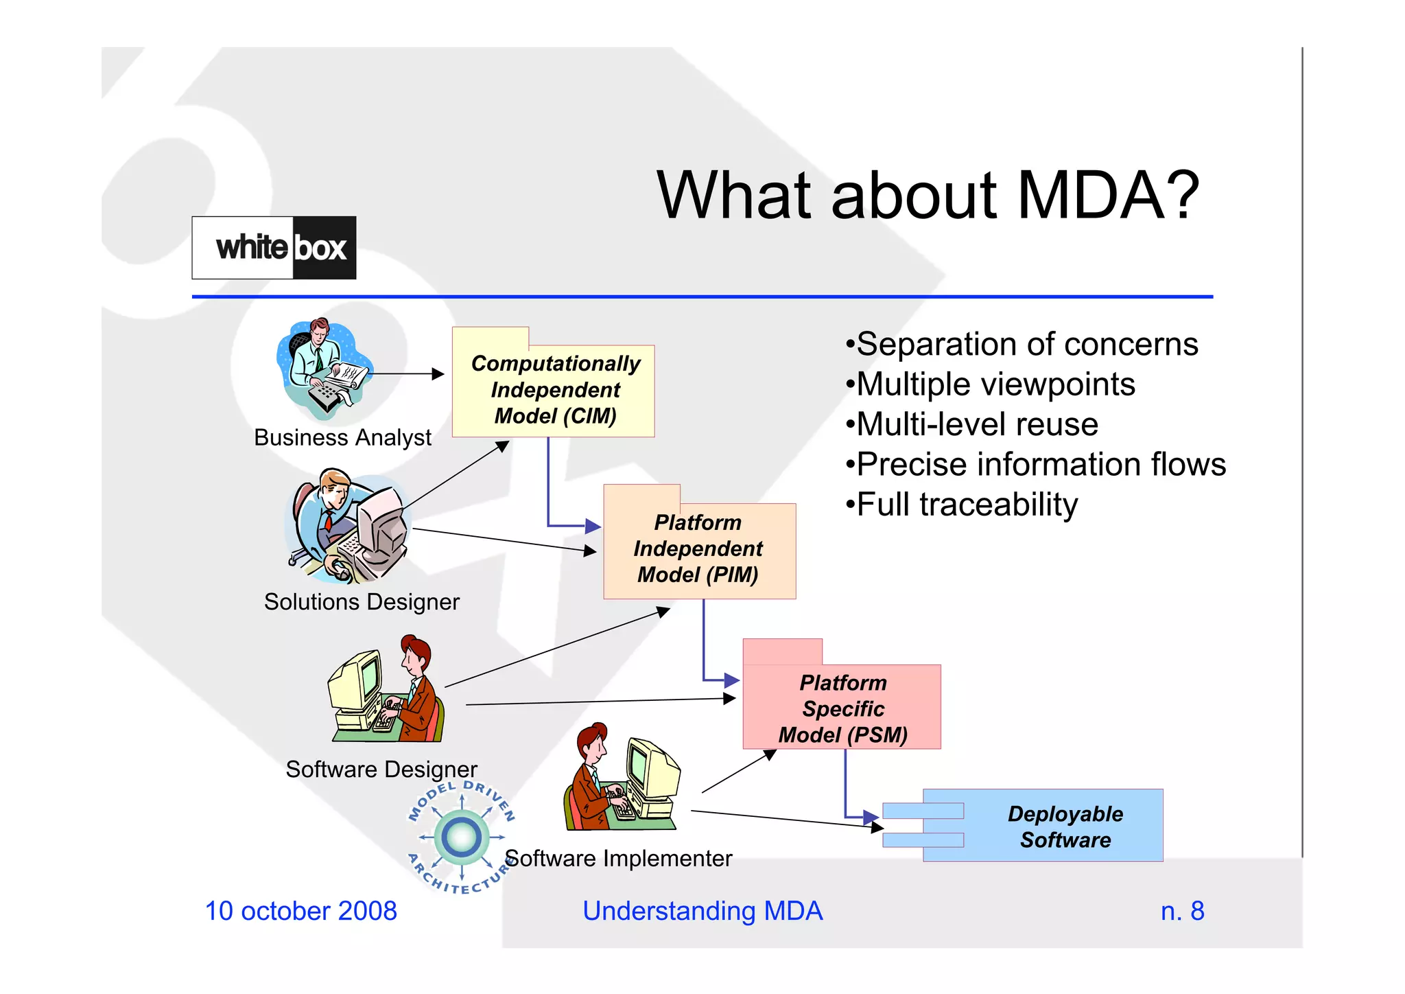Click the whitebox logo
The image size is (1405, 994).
274,248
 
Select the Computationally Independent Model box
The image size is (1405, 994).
554,389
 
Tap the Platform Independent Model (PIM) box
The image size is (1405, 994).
698,548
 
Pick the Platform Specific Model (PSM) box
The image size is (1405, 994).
842,708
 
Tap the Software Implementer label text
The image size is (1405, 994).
619,858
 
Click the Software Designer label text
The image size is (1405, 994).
381,769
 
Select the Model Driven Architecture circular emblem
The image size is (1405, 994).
461,837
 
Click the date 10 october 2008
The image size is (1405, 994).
301,911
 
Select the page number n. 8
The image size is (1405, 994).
1182,911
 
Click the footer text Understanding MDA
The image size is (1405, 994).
702,911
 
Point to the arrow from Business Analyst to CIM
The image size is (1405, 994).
407,374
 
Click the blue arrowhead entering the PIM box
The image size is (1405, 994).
593,527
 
